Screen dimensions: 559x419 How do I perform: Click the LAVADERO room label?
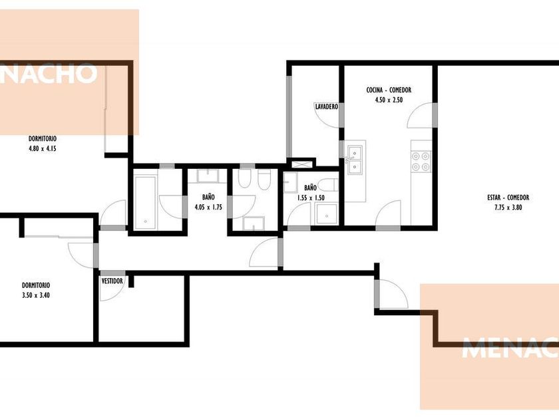tap(326, 106)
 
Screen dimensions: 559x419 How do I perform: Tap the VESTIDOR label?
tap(112, 281)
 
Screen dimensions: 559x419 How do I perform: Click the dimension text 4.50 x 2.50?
tap(389, 100)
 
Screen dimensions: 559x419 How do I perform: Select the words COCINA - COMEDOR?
tap(389, 90)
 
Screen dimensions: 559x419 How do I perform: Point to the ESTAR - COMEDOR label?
tap(508, 198)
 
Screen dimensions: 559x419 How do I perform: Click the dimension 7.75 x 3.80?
tap(508, 208)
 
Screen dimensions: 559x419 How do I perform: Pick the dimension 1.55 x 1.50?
tap(311, 198)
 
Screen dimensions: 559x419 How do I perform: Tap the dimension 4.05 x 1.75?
tap(208, 207)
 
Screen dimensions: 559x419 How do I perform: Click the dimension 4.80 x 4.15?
tap(43, 148)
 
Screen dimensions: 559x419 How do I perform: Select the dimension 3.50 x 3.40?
tap(36, 295)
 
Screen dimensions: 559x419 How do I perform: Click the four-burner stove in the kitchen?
tap(421, 162)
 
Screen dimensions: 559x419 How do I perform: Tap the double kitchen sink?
tap(355, 161)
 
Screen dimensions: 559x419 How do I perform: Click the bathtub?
tap(146, 202)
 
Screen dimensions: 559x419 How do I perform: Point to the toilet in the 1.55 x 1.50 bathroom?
tap(327, 185)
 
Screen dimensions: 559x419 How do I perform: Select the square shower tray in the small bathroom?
tap(326, 213)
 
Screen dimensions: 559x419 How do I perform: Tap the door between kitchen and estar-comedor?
tap(421, 114)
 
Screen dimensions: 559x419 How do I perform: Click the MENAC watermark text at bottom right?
tap(510, 347)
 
